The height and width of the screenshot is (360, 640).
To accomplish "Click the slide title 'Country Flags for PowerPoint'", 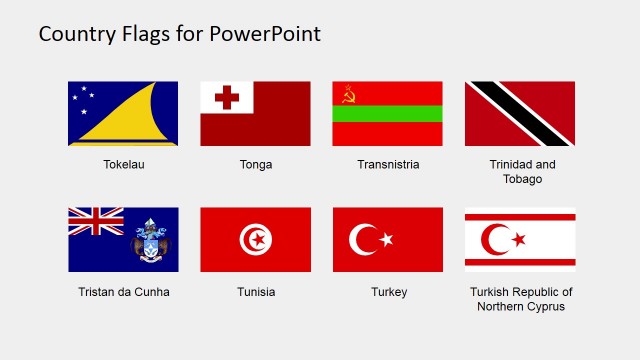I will click(x=180, y=33).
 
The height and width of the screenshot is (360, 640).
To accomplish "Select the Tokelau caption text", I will click(x=123, y=164).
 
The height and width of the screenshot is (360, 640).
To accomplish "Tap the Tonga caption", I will click(x=256, y=164).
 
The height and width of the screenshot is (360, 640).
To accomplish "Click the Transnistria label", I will click(x=388, y=164).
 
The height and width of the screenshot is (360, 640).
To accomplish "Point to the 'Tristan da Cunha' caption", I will click(x=123, y=292).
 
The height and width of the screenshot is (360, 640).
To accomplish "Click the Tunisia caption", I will click(x=256, y=292).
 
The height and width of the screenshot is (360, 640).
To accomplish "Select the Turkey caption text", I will click(x=388, y=292).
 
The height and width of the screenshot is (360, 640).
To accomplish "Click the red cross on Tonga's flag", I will click(x=227, y=97).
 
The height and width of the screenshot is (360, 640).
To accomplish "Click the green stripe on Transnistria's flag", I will click(x=388, y=113).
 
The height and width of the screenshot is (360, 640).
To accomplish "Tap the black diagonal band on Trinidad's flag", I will click(x=520, y=113).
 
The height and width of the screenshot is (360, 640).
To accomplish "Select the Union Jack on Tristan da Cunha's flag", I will click(x=95, y=222).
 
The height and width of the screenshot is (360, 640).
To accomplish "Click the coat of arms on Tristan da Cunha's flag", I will click(x=152, y=242).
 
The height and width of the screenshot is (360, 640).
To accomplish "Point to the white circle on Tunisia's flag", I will click(x=255, y=240).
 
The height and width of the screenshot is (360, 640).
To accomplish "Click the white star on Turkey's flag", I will click(x=386, y=240).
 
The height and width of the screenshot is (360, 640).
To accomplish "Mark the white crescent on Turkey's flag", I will click(x=361, y=240).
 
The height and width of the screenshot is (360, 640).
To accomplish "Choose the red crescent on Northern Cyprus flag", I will click(x=494, y=240).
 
